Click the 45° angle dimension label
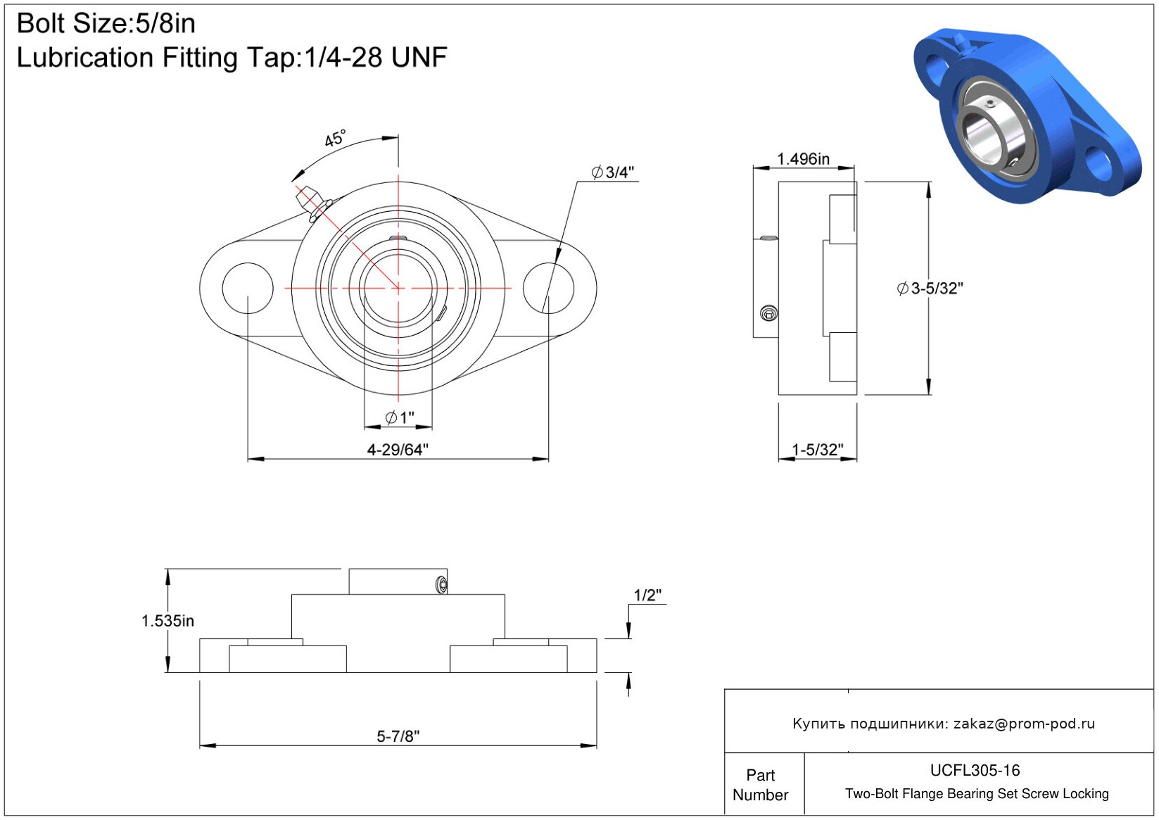[x=335, y=139]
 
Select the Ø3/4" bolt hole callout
[x=613, y=172]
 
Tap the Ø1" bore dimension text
[x=400, y=417]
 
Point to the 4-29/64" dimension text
[x=398, y=449]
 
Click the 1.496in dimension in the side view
[x=803, y=159]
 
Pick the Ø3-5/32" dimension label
[x=930, y=289]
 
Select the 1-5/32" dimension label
[x=818, y=449]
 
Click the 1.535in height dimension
[x=167, y=621]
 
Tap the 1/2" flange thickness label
[x=647, y=595]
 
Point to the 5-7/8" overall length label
[x=398, y=736]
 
